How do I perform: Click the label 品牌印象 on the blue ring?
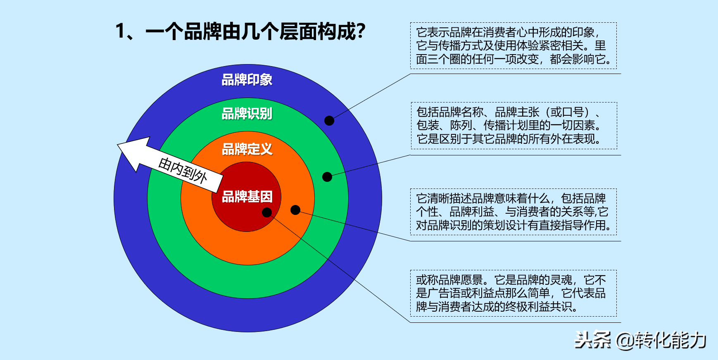pos(247,80)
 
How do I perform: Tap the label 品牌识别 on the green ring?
pos(247,114)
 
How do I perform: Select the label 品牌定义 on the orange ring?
pos(247,149)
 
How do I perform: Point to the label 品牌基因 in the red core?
pos(247,197)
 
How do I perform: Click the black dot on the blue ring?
pos(329,120)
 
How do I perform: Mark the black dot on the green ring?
pos(327,177)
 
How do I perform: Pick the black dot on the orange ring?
pos(295,210)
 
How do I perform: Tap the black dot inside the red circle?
pos(267,212)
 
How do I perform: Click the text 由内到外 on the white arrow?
pos(183,170)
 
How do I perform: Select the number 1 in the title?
pos(120,31)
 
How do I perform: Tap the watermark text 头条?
pos(593,340)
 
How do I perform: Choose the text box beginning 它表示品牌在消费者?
pos(513,45)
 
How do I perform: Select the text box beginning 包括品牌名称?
pos(514,125)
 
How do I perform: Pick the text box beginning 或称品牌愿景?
pos(513,293)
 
